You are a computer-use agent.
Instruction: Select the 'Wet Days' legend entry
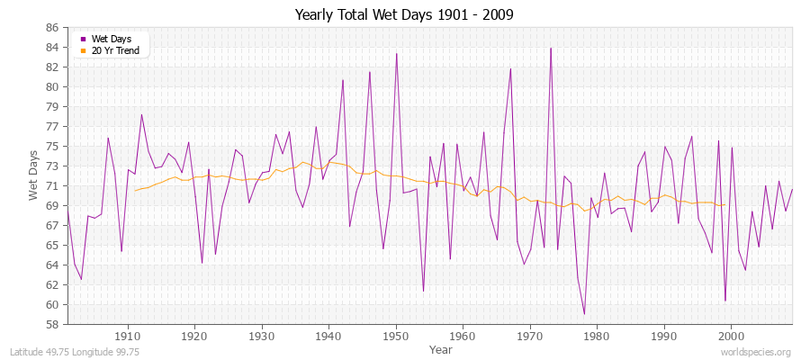[x=111, y=39]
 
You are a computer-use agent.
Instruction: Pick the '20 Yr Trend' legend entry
[x=114, y=50]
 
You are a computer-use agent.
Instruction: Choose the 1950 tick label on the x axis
[x=395, y=337]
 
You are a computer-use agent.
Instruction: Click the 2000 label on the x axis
[x=731, y=337]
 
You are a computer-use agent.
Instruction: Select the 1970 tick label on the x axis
[x=529, y=337]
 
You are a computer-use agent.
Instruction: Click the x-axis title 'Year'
[x=441, y=348]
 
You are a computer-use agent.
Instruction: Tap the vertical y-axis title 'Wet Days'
[x=32, y=175]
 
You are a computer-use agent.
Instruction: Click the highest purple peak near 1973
[x=551, y=49]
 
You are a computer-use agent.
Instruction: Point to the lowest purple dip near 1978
[x=584, y=314]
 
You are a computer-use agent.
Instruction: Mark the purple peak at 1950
[x=396, y=53]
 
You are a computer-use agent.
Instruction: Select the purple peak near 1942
[x=343, y=80]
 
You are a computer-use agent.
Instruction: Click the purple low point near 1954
[x=423, y=291]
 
